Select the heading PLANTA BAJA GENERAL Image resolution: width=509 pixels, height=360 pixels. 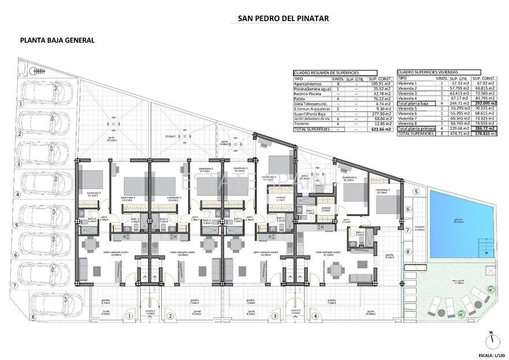click(57, 40)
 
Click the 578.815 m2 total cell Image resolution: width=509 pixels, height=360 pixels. click(484, 133)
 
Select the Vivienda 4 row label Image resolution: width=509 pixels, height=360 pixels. click(408, 98)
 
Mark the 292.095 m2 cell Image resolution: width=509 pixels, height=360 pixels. click(484, 103)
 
